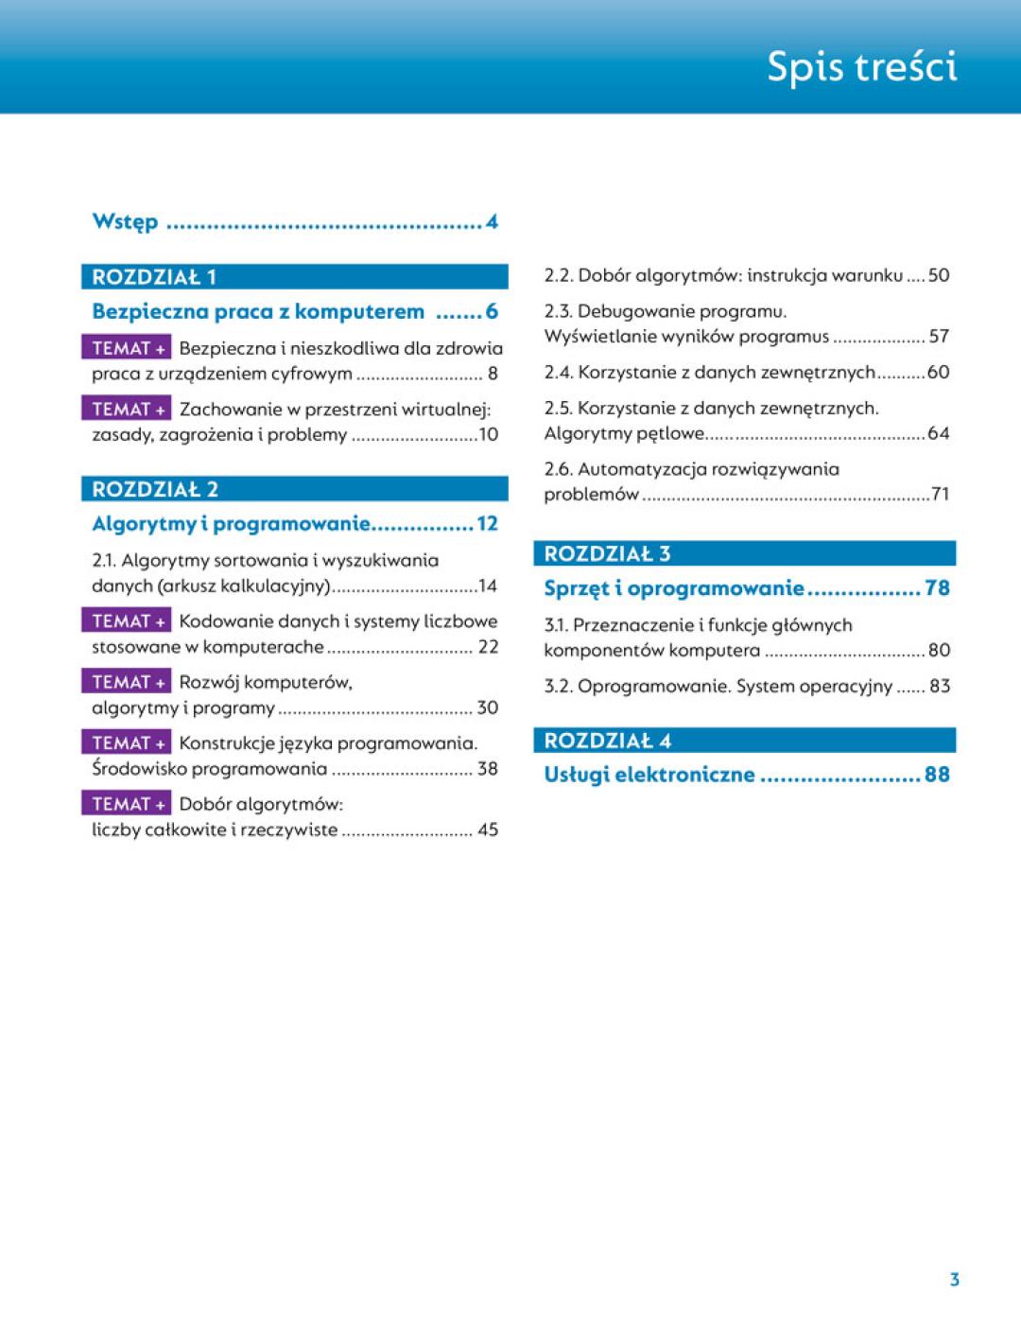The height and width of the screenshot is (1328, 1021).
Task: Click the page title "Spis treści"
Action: pos(861,66)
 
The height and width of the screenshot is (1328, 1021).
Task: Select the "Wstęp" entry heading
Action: pos(125,222)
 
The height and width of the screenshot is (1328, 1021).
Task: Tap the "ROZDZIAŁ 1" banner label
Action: pos(154,277)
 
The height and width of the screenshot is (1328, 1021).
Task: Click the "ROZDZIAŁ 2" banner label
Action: pos(155,489)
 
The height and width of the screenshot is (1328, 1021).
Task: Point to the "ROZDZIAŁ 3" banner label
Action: pos(607,553)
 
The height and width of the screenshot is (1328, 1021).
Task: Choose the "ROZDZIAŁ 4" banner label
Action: pos(608,741)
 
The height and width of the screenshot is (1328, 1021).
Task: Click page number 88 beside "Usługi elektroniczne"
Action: pos(937,775)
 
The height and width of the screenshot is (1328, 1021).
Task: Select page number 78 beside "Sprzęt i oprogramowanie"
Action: pos(937,588)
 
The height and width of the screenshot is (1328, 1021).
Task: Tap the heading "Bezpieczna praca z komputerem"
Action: pos(258,311)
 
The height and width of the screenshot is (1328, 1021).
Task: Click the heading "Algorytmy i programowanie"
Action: pos(231,523)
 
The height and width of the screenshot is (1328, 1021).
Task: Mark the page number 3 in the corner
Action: pos(954,1280)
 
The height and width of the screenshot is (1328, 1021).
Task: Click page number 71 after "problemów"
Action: pos(940,494)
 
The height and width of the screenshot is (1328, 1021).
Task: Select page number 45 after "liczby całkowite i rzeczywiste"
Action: pos(488,830)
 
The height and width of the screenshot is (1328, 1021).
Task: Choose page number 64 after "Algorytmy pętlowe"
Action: pos(938,433)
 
